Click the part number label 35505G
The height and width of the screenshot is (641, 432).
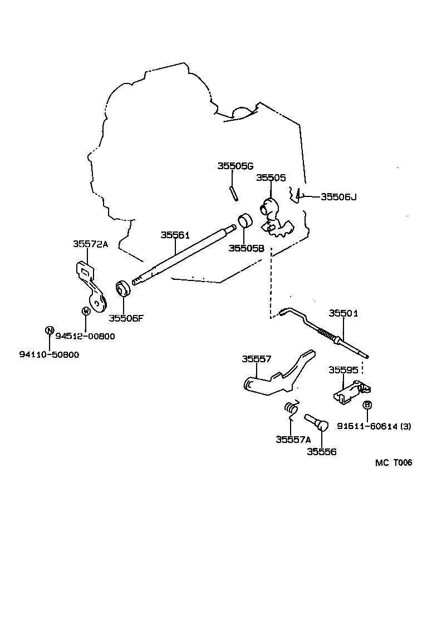[x=235, y=166]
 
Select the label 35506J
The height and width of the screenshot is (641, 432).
[x=338, y=196]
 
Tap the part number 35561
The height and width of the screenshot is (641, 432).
[x=175, y=235]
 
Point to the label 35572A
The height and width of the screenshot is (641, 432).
[x=90, y=244]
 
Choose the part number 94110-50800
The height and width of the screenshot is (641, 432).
[x=49, y=354]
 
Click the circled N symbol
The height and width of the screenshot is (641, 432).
[x=49, y=331]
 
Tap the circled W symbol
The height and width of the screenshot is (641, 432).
[x=86, y=311]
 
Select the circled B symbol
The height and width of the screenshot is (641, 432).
[x=367, y=405]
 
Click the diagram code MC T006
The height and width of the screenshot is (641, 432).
[x=393, y=462]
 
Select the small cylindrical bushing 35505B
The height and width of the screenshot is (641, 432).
[x=245, y=220]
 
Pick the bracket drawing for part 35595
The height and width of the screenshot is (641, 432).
[x=349, y=390]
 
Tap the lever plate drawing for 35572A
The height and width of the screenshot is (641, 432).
[x=91, y=287]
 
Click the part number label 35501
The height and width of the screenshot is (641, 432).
[x=343, y=313]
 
